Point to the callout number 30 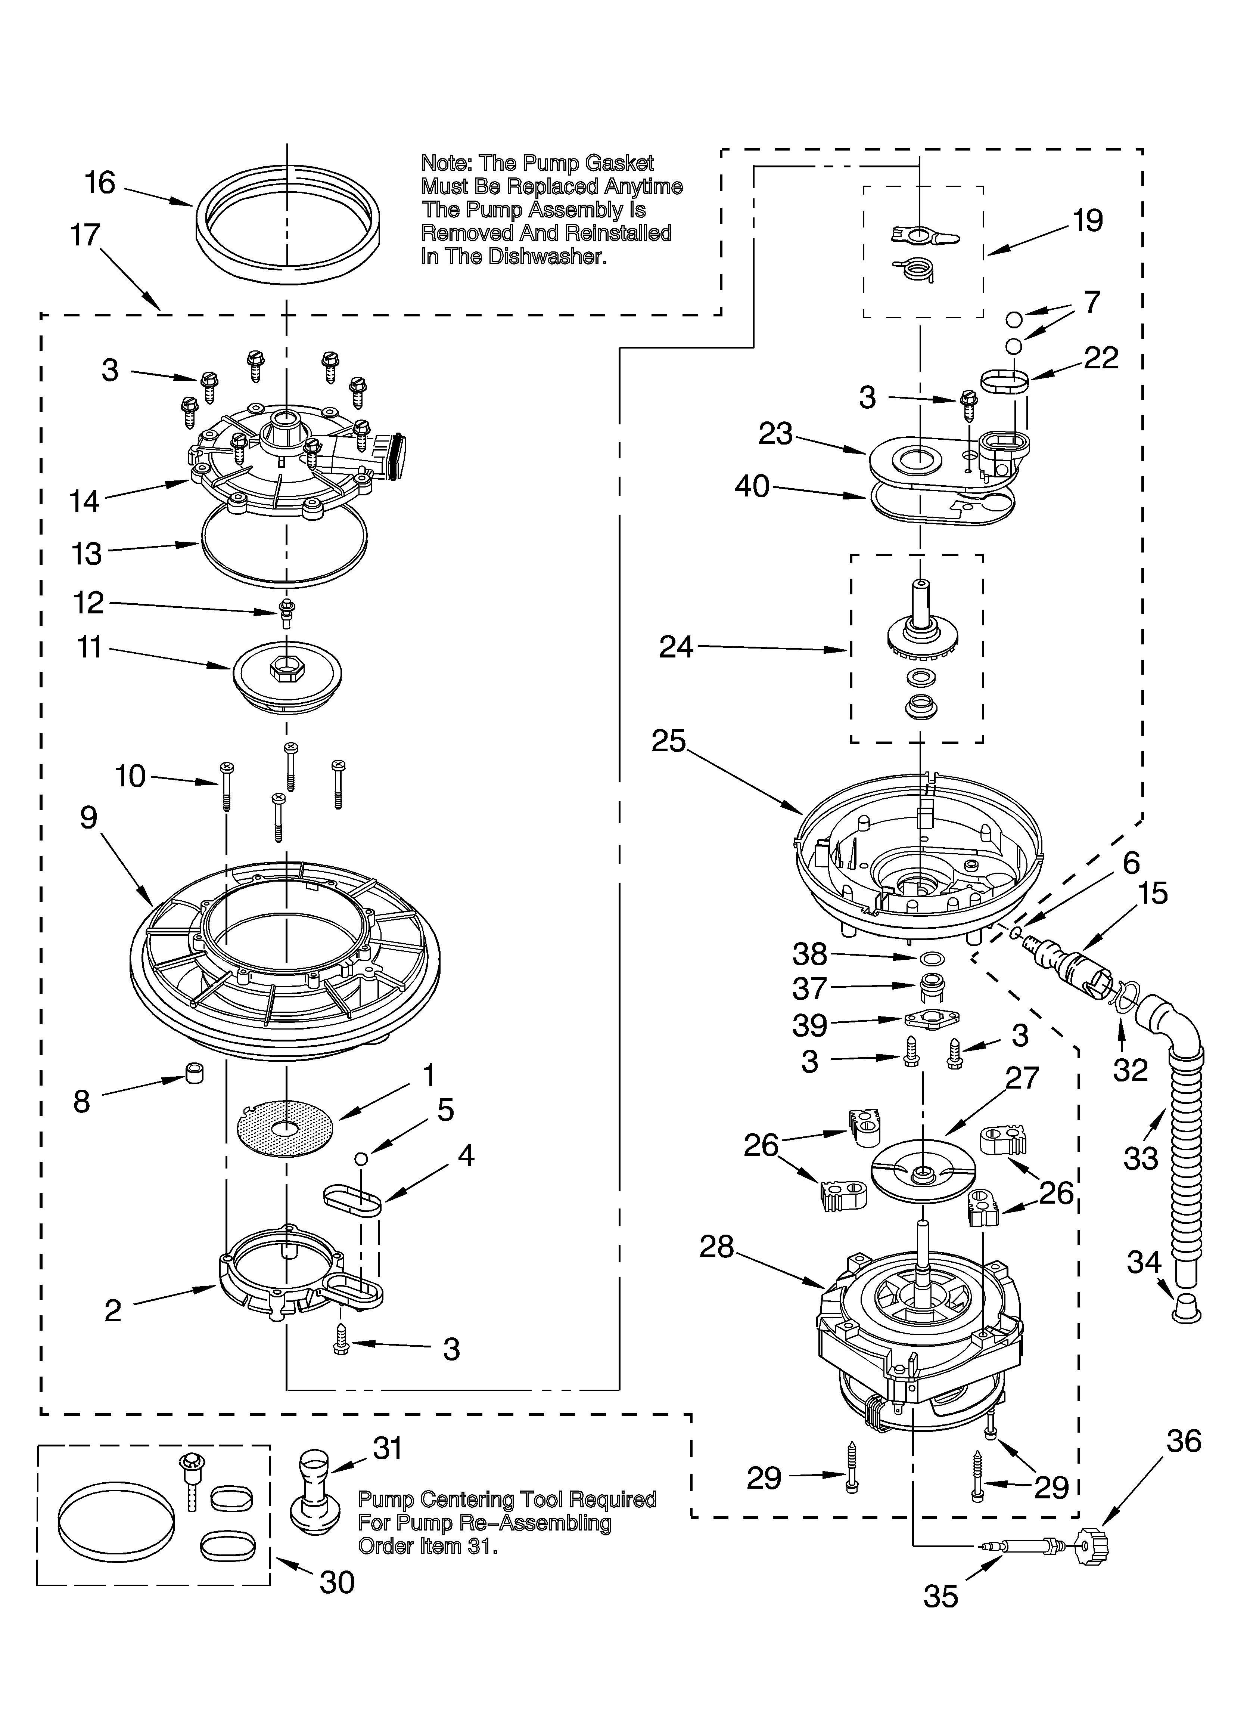(x=337, y=1583)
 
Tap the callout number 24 (x=676, y=647)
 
